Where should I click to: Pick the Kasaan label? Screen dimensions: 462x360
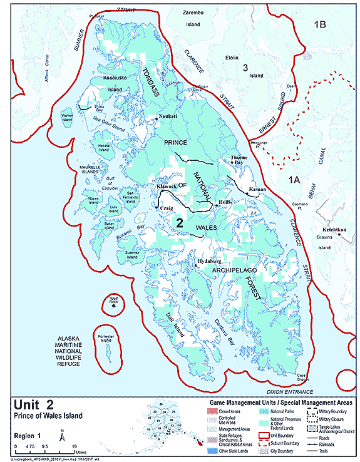(257, 189)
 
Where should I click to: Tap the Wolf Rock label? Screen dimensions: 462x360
(113, 301)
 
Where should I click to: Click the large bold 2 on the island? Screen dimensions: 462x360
(179, 222)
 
